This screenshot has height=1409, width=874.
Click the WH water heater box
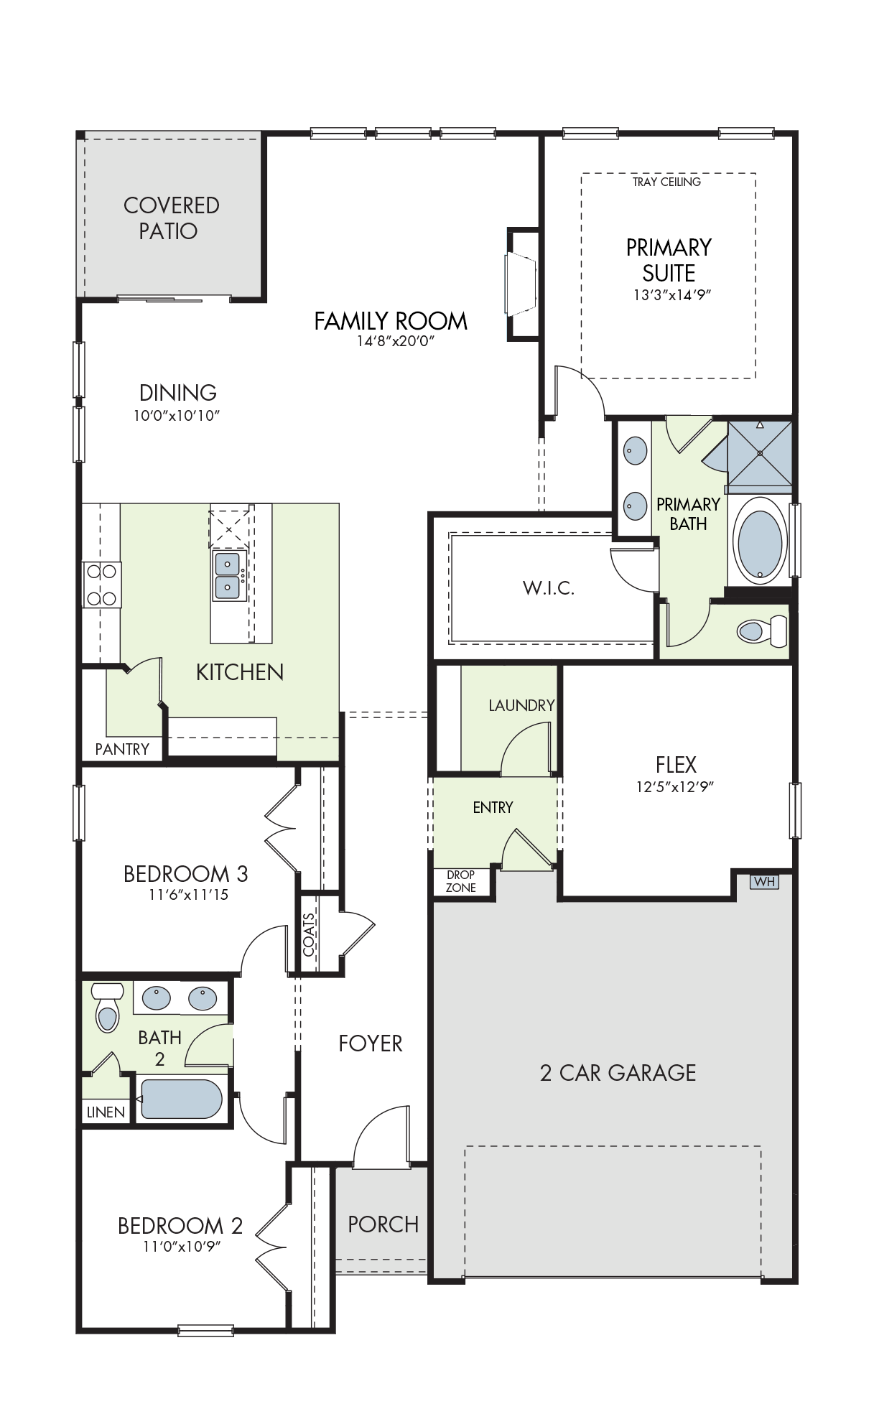[764, 881]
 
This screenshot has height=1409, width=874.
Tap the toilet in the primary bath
[762, 631]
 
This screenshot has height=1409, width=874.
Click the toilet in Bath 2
[107, 1007]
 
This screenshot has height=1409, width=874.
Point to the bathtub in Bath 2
[182, 1099]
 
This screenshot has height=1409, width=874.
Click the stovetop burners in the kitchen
[101, 585]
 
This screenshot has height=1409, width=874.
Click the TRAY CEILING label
[666, 182]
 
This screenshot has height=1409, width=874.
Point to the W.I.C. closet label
[549, 588]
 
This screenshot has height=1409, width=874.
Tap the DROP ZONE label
[461, 881]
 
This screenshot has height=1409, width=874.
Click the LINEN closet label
[106, 1112]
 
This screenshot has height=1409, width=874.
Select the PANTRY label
[122, 749]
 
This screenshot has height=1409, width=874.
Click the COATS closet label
[309, 935]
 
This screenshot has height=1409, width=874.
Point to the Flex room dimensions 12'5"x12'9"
[675, 786]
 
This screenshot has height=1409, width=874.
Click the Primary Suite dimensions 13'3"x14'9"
[672, 294]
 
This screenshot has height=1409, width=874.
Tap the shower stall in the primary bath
[760, 454]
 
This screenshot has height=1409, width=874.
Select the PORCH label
[383, 1224]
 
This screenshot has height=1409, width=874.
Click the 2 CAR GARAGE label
[618, 1073]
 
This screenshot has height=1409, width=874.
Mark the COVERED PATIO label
[171, 218]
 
